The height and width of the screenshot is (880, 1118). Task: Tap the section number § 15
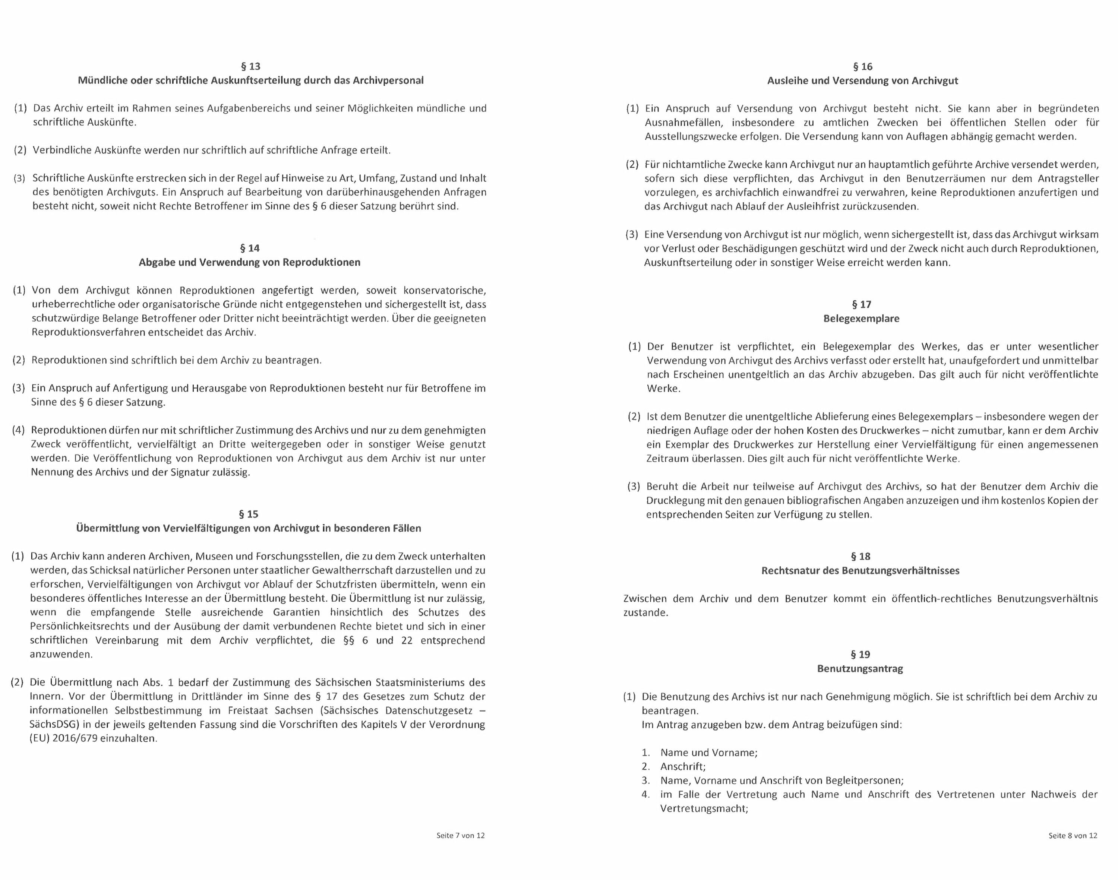coord(249,514)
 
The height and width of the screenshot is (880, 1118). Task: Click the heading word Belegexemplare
coord(861,319)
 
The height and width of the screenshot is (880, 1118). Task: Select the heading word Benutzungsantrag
coord(860,669)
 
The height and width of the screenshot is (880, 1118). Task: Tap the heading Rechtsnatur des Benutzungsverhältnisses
coord(860,571)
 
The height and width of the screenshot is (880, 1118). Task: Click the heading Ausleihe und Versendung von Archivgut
coord(862,81)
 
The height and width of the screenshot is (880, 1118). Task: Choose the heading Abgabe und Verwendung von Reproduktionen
coord(249,262)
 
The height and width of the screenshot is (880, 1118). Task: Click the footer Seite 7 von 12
coord(460,836)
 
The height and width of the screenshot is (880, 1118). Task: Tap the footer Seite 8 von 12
coord(1073,836)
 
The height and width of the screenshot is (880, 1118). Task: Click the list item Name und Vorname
coord(709,753)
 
